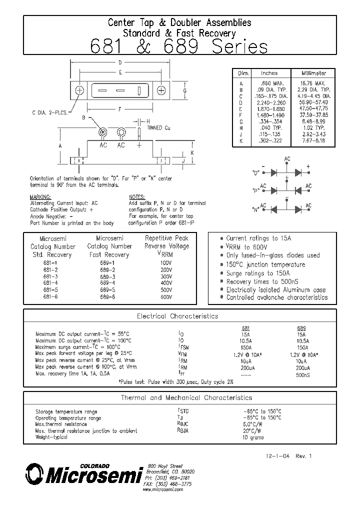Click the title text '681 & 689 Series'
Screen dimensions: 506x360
click(x=179, y=46)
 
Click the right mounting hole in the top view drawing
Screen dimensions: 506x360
click(x=161, y=90)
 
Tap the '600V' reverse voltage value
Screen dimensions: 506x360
click(x=166, y=296)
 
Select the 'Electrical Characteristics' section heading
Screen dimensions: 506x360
click(x=177, y=316)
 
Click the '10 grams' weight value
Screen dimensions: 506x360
click(x=253, y=437)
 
